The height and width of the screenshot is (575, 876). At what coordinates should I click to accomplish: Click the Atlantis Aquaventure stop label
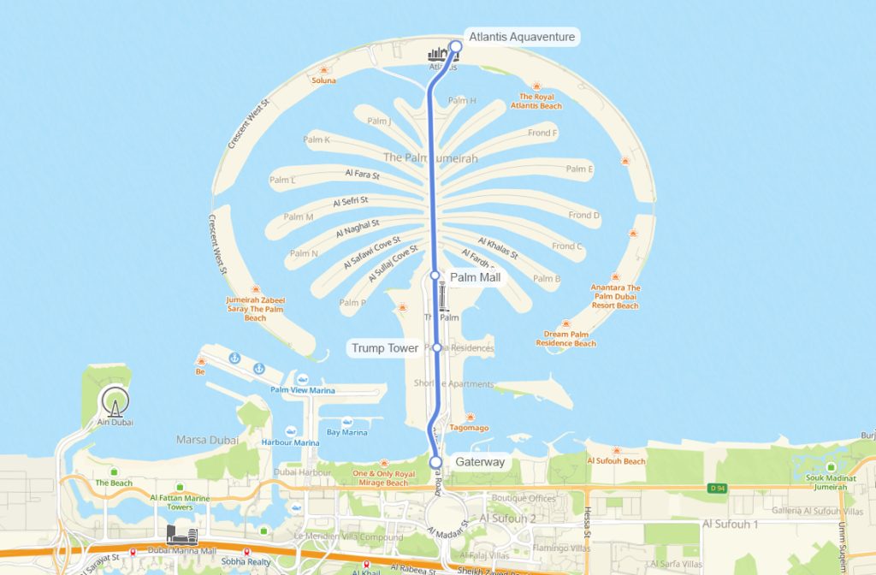[522, 37]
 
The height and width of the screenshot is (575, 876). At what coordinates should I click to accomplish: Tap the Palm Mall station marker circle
[435, 276]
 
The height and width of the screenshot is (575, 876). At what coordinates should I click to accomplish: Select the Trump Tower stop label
[385, 348]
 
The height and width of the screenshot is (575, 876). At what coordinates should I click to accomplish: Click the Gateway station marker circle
[435, 462]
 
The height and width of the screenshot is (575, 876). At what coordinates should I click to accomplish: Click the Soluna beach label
[324, 80]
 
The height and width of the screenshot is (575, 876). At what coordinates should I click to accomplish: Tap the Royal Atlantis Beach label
[536, 101]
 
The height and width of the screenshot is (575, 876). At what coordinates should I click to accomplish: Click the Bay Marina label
[346, 433]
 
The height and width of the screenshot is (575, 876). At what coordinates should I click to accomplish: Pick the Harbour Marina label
[290, 442]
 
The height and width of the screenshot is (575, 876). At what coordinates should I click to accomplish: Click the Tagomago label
[469, 427]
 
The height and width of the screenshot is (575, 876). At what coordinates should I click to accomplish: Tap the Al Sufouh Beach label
[616, 461]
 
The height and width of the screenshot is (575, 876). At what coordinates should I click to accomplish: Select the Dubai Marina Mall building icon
[182, 536]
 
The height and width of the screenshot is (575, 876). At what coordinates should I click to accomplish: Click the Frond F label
[542, 133]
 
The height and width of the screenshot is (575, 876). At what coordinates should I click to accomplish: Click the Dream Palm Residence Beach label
[566, 339]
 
